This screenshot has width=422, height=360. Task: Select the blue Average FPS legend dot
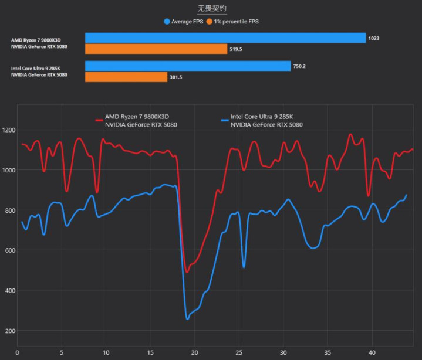[167, 21]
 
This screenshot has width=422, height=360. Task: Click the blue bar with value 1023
[225, 38]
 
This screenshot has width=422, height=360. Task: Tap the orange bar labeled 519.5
[156, 49]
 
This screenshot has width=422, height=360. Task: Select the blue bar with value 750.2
[188, 66]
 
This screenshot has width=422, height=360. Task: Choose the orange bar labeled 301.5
[126, 77]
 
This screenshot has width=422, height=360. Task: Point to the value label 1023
[374, 38]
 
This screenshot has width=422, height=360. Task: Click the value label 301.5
[176, 77]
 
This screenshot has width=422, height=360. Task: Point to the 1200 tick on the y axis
[8, 130]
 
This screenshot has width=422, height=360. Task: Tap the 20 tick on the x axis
[194, 353]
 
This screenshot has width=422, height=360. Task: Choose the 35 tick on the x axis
[327, 353]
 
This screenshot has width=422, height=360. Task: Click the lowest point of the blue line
[187, 319]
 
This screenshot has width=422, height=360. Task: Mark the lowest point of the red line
[187, 272]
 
